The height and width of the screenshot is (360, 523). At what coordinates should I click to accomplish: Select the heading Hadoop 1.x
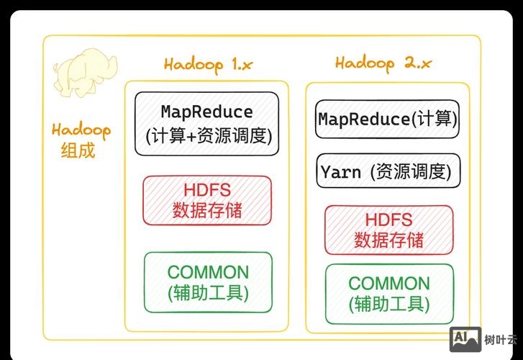tap(208, 64)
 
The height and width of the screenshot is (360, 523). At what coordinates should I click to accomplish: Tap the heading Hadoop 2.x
tap(383, 63)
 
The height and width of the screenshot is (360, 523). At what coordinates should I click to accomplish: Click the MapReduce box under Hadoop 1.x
tap(206, 123)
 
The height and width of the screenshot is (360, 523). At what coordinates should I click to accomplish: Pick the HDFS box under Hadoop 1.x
tap(207, 200)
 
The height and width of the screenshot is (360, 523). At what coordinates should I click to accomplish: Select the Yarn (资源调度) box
tap(388, 172)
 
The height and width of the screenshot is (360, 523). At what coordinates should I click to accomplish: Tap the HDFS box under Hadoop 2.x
tap(388, 230)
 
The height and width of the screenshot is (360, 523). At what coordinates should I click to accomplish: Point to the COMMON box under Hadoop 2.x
tap(389, 294)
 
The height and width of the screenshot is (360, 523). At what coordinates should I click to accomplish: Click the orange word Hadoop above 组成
tap(81, 131)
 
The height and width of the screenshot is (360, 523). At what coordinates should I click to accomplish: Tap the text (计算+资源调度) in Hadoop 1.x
tap(207, 135)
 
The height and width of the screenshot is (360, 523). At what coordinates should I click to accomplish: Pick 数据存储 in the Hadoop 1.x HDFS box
tap(207, 211)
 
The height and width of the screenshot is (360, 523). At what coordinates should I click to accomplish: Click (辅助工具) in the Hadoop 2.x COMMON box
tap(389, 304)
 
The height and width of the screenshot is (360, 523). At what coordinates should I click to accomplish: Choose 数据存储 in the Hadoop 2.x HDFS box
tap(388, 240)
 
